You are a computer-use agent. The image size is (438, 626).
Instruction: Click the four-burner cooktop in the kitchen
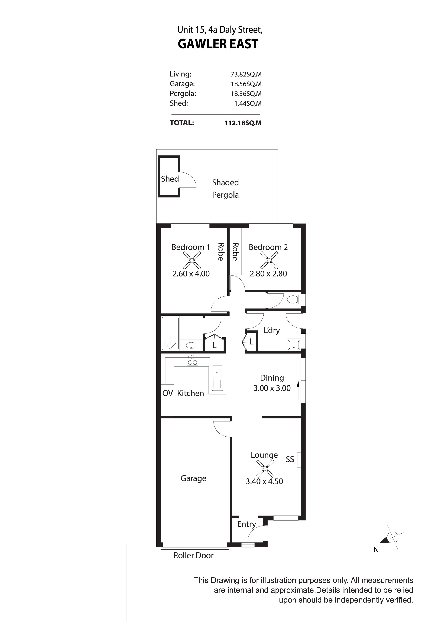coord(193,360)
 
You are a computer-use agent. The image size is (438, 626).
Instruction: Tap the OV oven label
coord(167,393)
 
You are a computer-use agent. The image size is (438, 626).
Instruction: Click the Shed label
coord(170,179)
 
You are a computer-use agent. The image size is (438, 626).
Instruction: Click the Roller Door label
coord(193,555)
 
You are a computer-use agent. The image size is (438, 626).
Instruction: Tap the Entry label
coord(247,524)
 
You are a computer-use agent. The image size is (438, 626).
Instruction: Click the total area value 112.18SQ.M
coord(243,123)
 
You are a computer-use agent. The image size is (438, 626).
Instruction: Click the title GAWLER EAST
coord(218,44)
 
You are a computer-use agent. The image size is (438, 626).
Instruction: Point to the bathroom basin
coord(191,346)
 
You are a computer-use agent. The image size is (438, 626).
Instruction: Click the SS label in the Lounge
coord(290,460)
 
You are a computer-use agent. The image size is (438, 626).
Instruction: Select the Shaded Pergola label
coord(225,189)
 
